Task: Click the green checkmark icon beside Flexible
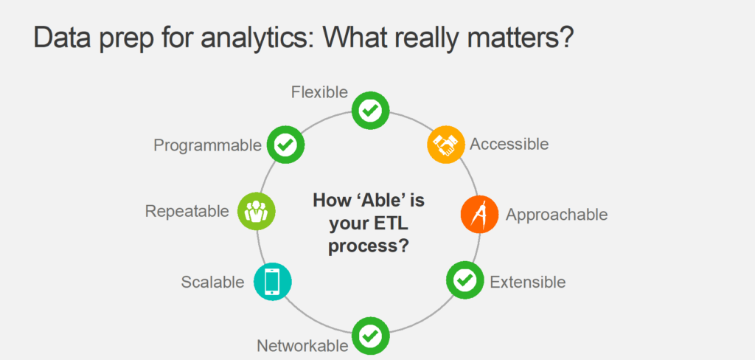tap(371, 111)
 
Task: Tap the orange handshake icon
tap(446, 145)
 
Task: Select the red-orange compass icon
tap(479, 215)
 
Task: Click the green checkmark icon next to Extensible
tap(465, 280)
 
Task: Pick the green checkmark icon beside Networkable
tap(371, 336)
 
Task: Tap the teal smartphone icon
tap(273, 282)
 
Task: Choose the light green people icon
tap(256, 211)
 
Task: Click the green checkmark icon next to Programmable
tap(285, 145)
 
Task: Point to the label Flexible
tap(319, 92)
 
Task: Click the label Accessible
tap(509, 144)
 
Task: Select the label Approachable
tap(557, 215)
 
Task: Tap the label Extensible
tap(528, 282)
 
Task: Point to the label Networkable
tap(302, 345)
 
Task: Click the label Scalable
tap(212, 282)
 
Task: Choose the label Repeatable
tap(187, 211)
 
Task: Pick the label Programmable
tap(207, 145)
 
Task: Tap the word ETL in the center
tap(384, 223)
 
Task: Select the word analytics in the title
tap(257, 38)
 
